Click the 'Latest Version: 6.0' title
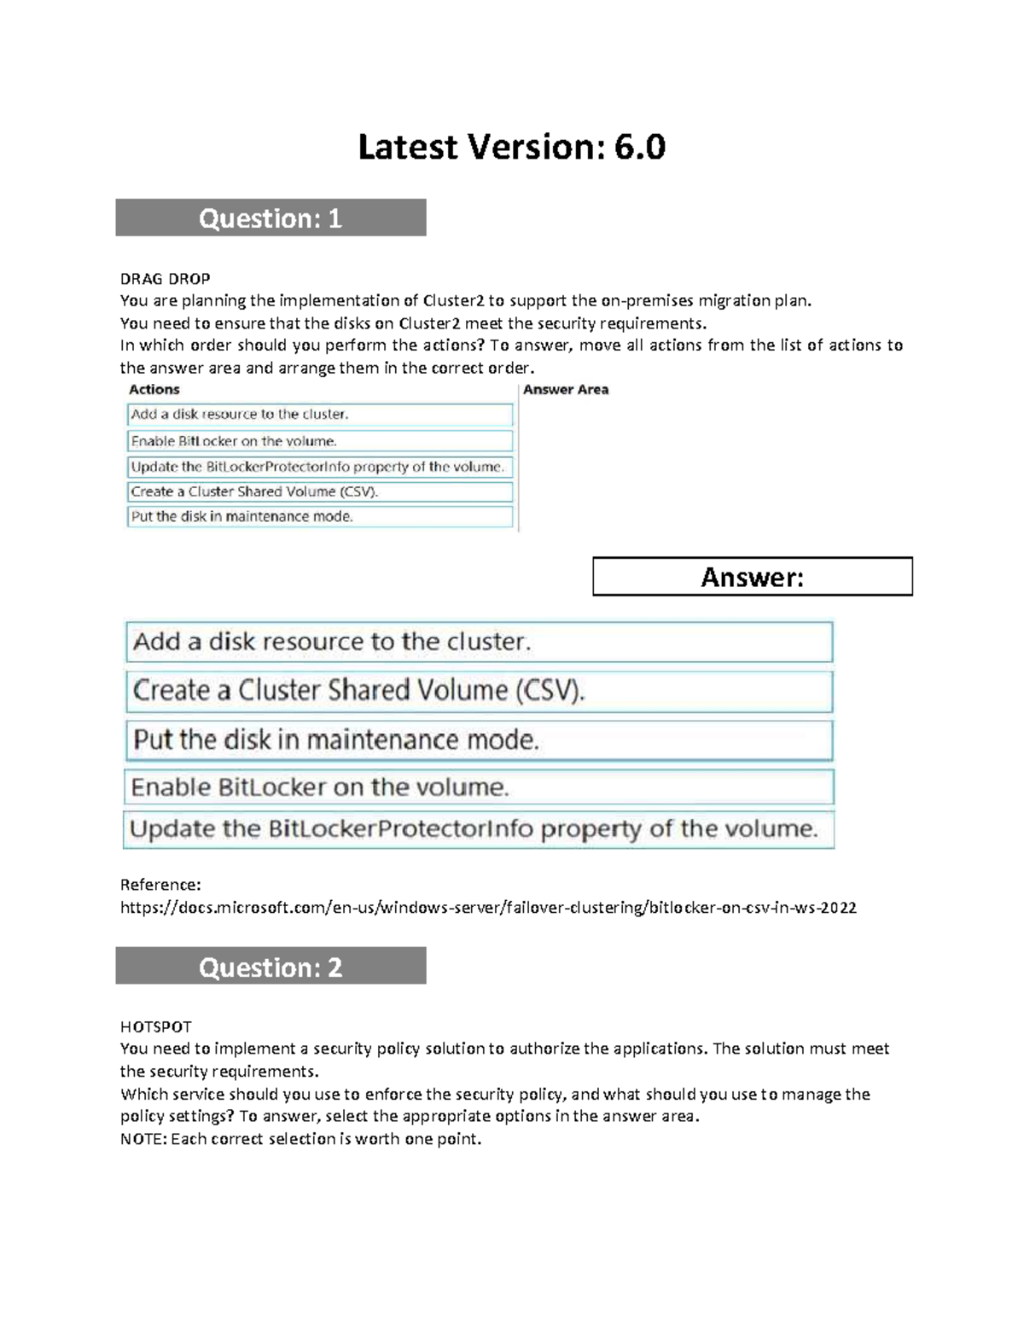pos(511,148)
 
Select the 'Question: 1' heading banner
pos(271,218)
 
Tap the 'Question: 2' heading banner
pos(271,967)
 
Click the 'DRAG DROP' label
pos(165,278)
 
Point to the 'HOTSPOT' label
pos(156,1026)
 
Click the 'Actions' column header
pos(154,390)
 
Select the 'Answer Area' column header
pos(566,390)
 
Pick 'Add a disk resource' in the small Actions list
pos(319,415)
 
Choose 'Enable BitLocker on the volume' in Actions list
pos(319,441)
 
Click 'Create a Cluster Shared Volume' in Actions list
pos(319,491)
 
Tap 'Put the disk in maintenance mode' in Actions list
pos(319,516)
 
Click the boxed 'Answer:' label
pos(752,578)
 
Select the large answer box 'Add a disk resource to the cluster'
pos(479,642)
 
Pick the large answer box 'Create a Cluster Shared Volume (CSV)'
pos(479,691)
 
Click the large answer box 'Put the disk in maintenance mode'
pos(479,740)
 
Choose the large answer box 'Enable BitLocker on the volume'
pos(479,787)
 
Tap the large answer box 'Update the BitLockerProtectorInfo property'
pos(479,829)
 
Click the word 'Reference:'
pos(160,885)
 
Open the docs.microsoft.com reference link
pos(488,908)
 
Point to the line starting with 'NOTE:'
pos(300,1139)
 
